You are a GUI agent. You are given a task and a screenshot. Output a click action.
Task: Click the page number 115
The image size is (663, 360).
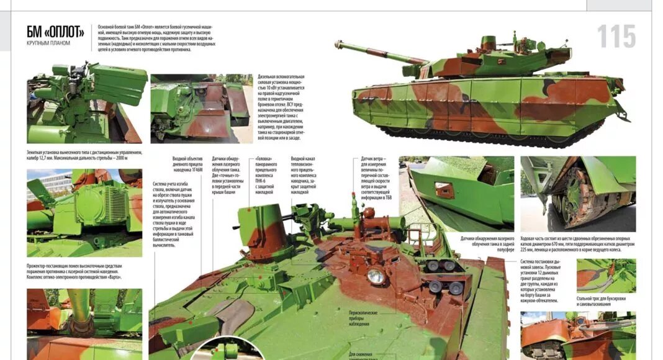(616, 37)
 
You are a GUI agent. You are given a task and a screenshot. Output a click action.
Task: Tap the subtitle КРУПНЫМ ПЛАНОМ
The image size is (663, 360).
(48, 43)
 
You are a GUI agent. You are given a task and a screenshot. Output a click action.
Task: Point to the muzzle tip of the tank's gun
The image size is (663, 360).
(339, 44)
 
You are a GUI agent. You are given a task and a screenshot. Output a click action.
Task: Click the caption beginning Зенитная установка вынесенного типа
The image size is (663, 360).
(84, 155)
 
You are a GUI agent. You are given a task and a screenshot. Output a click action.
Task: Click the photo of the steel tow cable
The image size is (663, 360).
(605, 276)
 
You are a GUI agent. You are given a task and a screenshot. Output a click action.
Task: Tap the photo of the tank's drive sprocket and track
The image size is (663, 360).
(577, 192)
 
